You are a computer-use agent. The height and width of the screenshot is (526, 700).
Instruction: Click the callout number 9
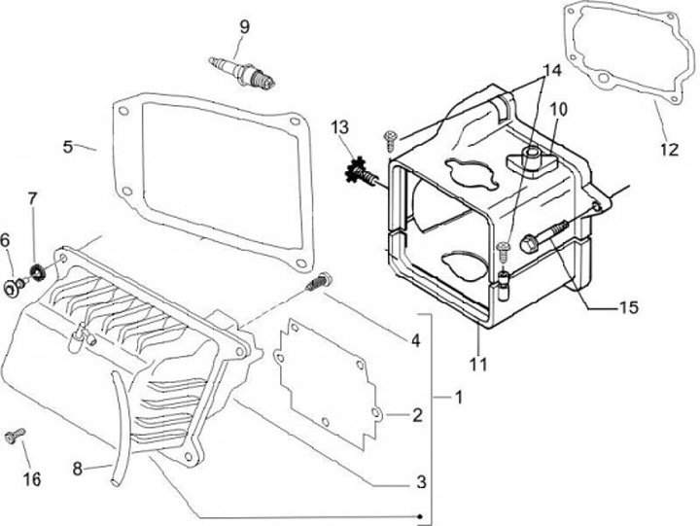pyautogui.click(x=244, y=26)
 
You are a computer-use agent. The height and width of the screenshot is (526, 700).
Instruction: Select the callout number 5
pyautogui.click(x=68, y=147)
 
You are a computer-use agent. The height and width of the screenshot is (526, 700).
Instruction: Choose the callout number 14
pyautogui.click(x=551, y=70)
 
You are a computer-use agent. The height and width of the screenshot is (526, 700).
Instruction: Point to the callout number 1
pyautogui.click(x=459, y=398)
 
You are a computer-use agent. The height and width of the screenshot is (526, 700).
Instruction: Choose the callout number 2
pyautogui.click(x=416, y=416)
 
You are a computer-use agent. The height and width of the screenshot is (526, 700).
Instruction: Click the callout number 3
pyautogui.click(x=421, y=480)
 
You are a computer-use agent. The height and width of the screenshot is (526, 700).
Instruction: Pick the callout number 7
pyautogui.click(x=32, y=199)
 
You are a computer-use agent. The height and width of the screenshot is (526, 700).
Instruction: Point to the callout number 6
pyautogui.click(x=5, y=240)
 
